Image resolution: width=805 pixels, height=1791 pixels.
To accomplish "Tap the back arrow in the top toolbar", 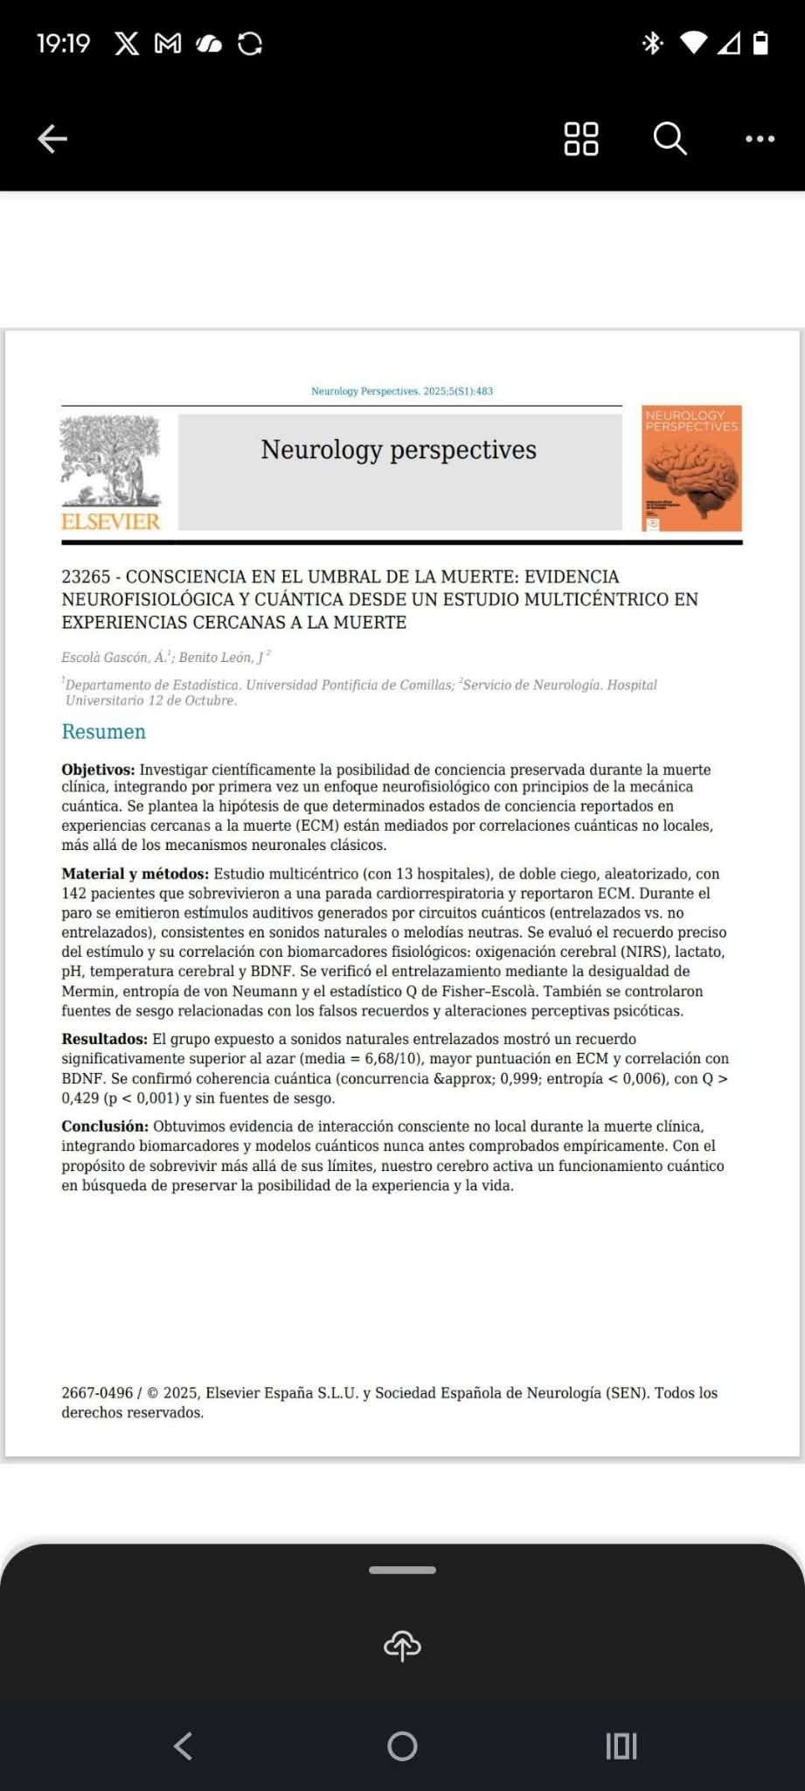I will pos(52,138).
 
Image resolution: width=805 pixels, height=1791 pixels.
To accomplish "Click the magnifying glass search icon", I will pos(670,138).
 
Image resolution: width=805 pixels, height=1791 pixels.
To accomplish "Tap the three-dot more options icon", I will pos(760,138).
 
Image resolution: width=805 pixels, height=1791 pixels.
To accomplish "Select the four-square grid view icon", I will pos(581,138).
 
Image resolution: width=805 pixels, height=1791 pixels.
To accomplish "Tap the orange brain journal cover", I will pos(691,468).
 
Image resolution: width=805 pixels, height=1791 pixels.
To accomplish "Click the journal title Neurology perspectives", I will pos(399,449).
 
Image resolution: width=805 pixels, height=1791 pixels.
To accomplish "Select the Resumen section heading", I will pos(103,732).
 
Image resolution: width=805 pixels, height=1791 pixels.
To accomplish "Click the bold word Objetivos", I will pos(98,770).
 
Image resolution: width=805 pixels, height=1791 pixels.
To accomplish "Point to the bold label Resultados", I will pos(104,1039).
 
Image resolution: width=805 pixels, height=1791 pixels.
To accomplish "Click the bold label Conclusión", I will pos(105,1126).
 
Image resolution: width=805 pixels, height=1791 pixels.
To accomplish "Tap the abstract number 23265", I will pos(86,576).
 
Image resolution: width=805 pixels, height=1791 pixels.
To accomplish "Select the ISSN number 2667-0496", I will pos(97,1393).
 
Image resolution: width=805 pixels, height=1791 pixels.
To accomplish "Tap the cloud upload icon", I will pos(402,1646).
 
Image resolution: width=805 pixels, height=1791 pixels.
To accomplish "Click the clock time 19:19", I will pos(63,43).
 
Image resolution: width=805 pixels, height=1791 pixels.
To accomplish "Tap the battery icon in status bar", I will pos(760,43).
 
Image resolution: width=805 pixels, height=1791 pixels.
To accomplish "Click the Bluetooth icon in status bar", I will pos(652,43).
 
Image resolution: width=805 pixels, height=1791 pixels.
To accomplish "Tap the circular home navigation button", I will pos(402,1746).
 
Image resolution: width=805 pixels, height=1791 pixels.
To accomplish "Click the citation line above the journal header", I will pos(402,391).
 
